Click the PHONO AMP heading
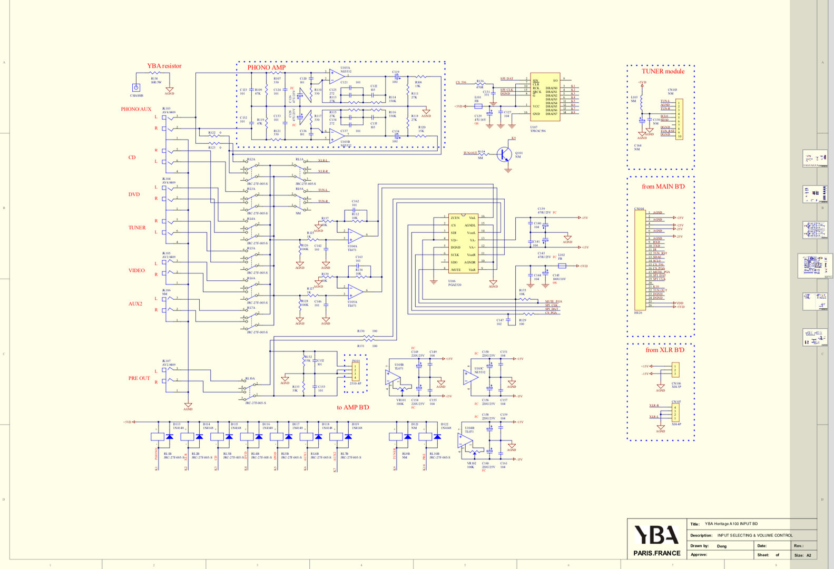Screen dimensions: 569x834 [267, 67]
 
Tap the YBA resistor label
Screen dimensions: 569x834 [164, 66]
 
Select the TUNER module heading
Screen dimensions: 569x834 [663, 71]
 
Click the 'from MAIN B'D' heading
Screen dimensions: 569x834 [663, 187]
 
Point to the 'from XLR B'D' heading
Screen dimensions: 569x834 [665, 350]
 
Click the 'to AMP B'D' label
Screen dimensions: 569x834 [352, 407]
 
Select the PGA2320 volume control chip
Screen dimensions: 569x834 [463, 243]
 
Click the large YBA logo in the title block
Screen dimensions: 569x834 [656, 535]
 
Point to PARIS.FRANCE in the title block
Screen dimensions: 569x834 [656, 553]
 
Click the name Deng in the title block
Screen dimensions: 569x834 [722, 546]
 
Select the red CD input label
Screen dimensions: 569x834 [132, 158]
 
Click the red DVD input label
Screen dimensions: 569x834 [134, 194]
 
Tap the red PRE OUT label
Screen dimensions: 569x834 [139, 378]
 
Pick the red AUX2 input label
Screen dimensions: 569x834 [135, 304]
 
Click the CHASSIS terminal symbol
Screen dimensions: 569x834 [136, 88]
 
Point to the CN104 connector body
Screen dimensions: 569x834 [640, 260]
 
